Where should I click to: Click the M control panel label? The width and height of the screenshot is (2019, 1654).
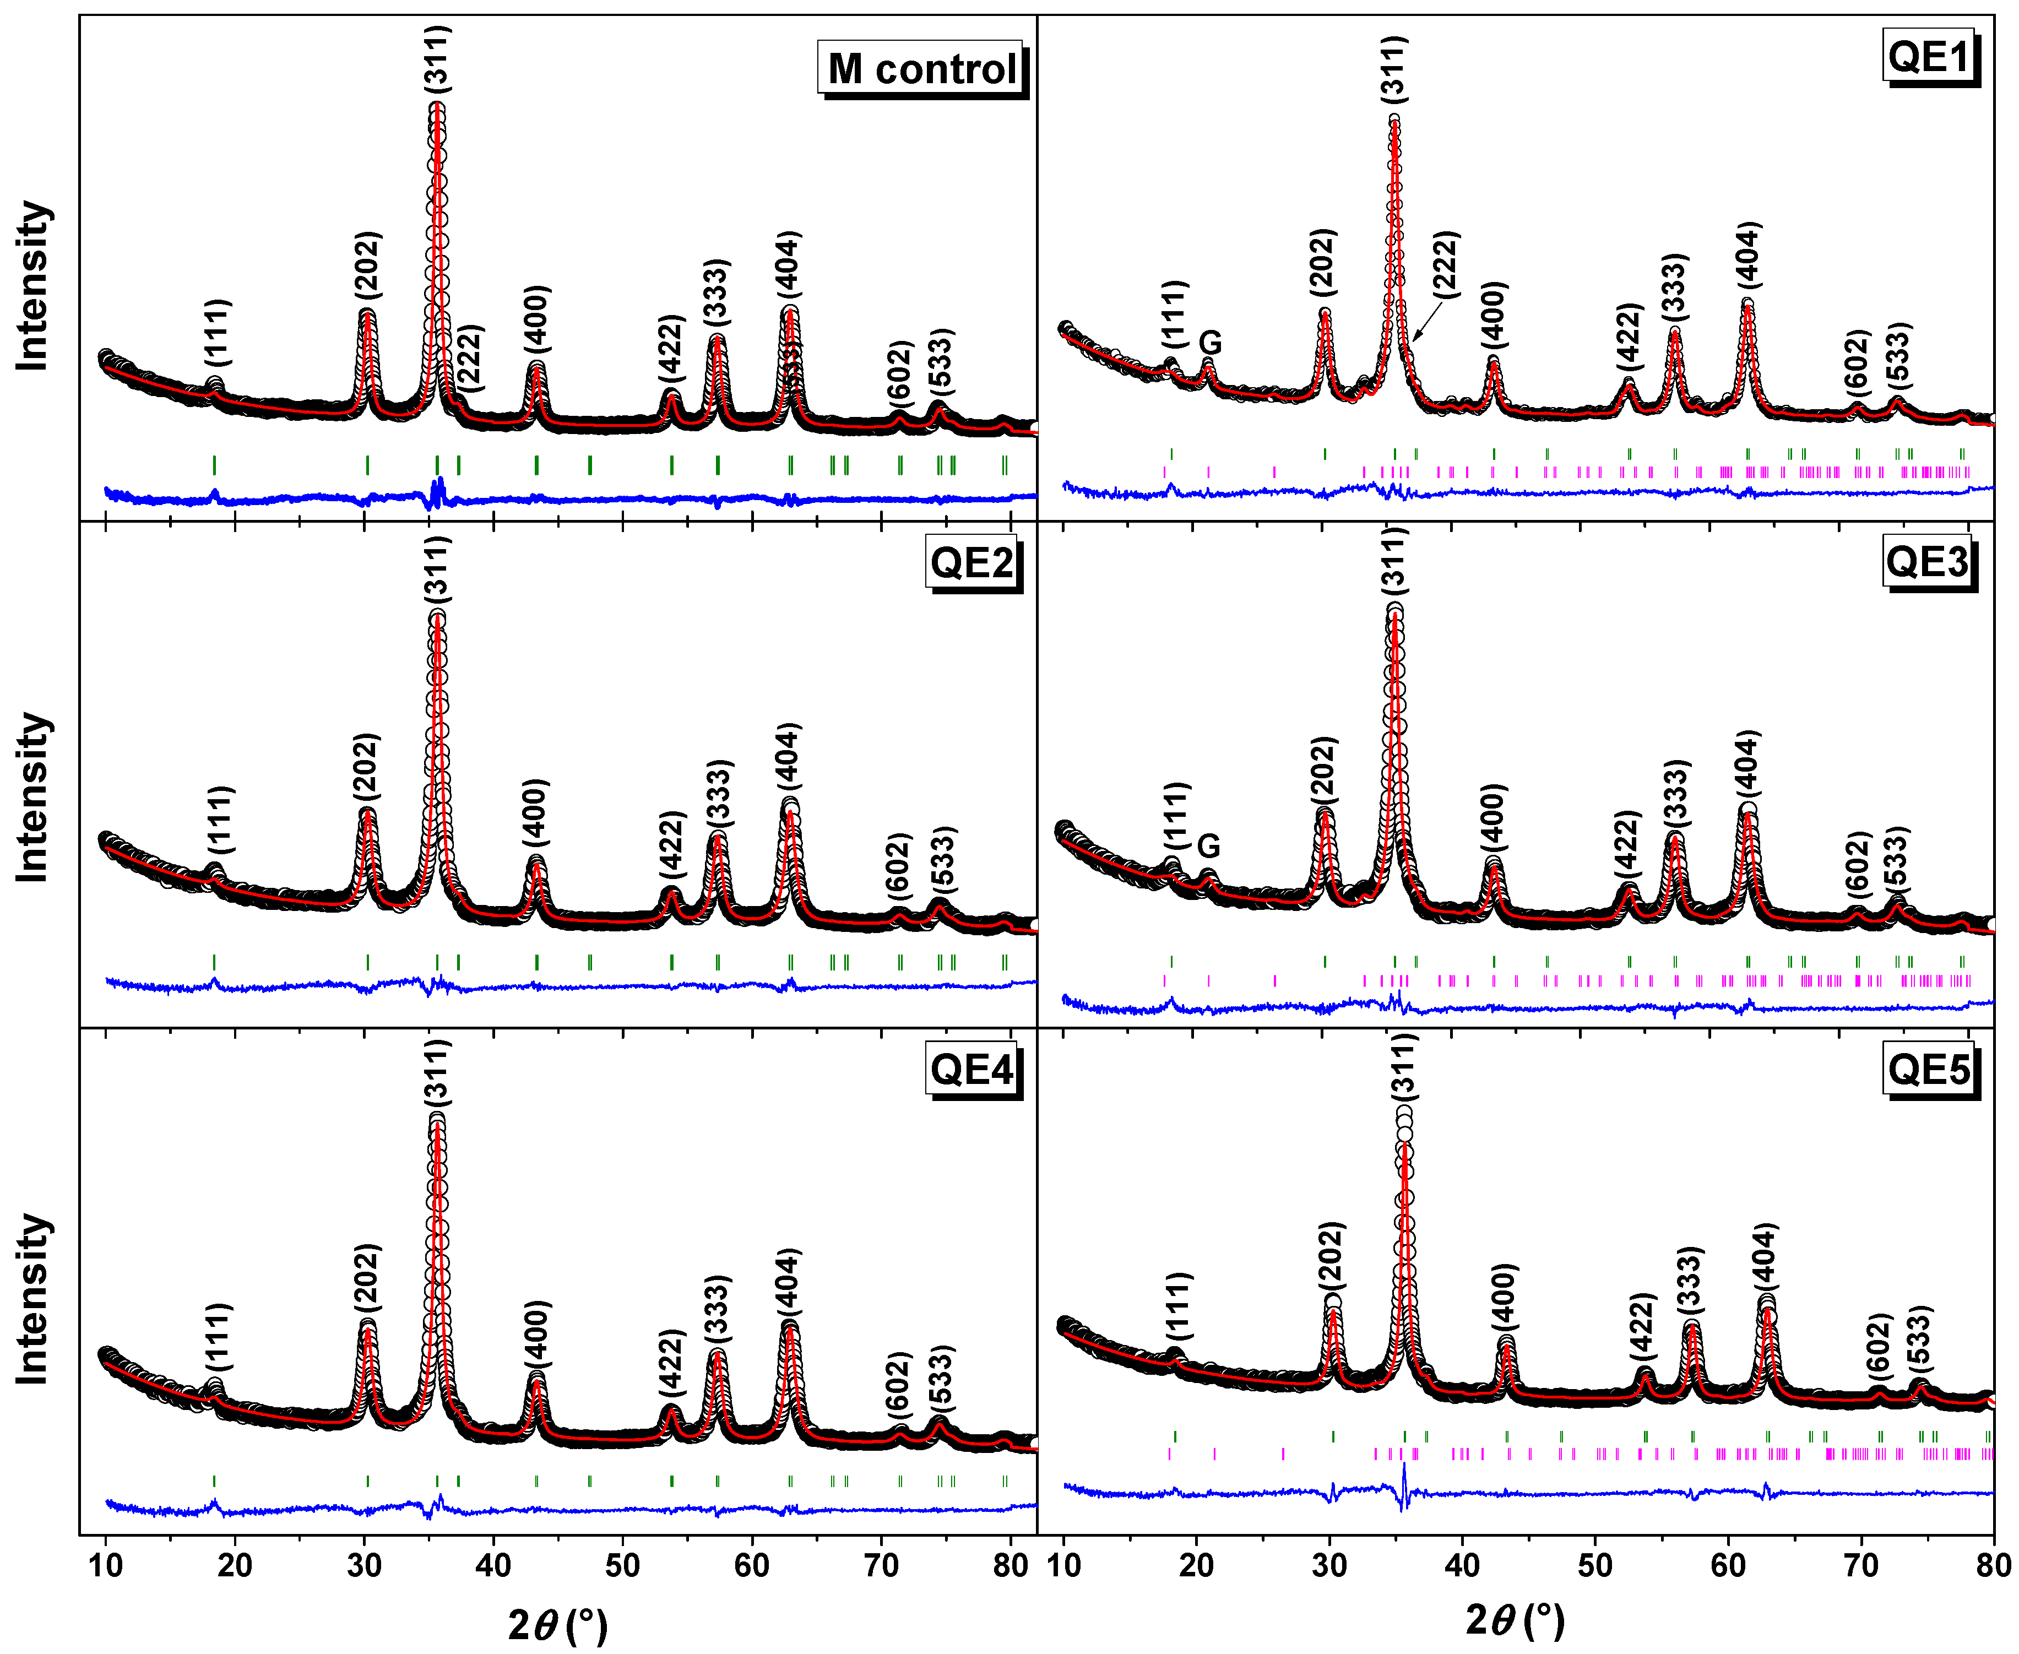(920, 69)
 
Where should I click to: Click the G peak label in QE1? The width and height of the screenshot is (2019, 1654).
(1209, 343)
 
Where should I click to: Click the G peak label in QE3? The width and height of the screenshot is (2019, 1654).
(1208, 846)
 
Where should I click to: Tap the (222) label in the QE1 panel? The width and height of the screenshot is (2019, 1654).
(1446, 265)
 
